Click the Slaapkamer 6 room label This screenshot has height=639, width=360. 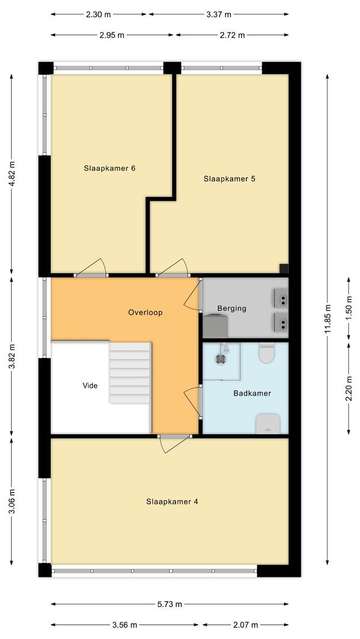click(110, 168)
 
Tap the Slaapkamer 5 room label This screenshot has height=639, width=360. click(229, 178)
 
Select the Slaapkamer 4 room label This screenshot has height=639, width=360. click(172, 501)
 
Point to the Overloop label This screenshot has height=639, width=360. click(145, 312)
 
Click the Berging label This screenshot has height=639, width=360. click(232, 308)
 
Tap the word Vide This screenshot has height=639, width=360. click(90, 385)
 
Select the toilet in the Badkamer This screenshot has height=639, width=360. click(266, 353)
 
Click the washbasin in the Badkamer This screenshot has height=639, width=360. click(267, 423)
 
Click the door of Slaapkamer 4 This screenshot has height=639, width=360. click(175, 443)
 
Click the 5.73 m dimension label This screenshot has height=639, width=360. click(170, 604)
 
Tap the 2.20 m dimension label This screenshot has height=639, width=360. click(349, 389)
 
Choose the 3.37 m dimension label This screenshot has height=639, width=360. click(218, 14)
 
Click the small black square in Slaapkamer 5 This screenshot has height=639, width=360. click(284, 267)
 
